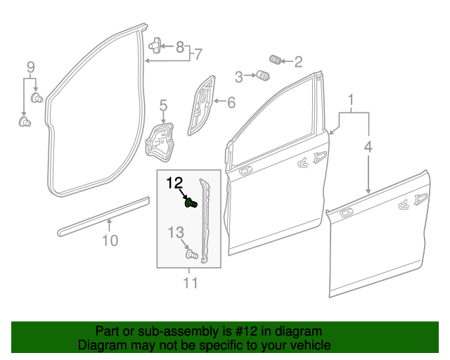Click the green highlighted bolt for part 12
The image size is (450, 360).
(x=190, y=204)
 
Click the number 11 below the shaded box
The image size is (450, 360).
(x=190, y=283)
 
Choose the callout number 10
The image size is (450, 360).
(x=109, y=241)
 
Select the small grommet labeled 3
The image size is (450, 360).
(x=264, y=75)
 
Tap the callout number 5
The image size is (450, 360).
(x=162, y=106)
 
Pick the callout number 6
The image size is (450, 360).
(x=231, y=102)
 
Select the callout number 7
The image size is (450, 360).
(x=198, y=53)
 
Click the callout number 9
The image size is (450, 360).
(x=30, y=67)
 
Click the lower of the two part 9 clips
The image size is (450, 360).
(x=25, y=124)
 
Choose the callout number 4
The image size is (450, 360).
(x=368, y=147)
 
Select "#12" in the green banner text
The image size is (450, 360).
(x=238, y=331)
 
